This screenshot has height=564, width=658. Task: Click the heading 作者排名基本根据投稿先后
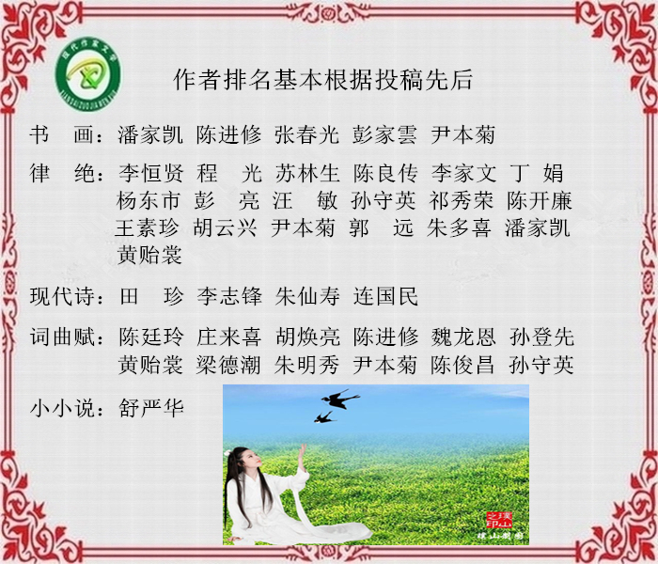pos(323,79)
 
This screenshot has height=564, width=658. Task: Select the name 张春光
pos(307,134)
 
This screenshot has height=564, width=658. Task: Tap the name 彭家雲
pos(384,134)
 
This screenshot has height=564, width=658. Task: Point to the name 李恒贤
pos(151,173)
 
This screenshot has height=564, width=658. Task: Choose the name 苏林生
pos(307,173)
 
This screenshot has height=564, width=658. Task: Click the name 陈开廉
pos(540,200)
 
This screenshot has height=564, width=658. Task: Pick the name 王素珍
pos(147,228)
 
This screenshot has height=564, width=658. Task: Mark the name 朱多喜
pos(459,228)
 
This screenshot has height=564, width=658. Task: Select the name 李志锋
pos(229,296)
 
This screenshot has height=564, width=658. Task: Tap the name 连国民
pos(385,296)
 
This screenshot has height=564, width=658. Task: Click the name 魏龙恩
pos(463,337)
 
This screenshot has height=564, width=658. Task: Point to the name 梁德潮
pos(228,365)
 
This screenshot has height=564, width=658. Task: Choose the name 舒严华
pos(151,407)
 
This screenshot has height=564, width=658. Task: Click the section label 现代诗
pos(63,296)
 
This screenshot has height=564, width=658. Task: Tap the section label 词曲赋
pos(63,337)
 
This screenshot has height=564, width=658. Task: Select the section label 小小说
pos(63,407)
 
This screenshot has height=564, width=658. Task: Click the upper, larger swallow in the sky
pos(340,399)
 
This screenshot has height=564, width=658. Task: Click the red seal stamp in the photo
pos(499,520)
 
